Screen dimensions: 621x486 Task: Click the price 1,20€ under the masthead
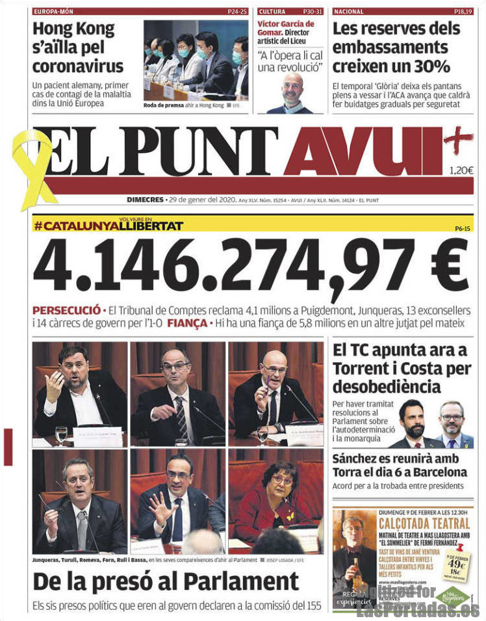(x=461, y=171)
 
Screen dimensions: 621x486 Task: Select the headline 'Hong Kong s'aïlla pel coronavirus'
(x=78, y=47)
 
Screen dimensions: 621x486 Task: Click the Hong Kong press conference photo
(x=196, y=59)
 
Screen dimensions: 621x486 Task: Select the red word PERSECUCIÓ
(x=66, y=310)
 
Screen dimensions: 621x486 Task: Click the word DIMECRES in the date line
(x=145, y=200)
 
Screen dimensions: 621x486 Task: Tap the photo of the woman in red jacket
(x=276, y=501)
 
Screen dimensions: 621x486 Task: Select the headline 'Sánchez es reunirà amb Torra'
(x=400, y=465)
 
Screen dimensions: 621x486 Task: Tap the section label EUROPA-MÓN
(x=54, y=12)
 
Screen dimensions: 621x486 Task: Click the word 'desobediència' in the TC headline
(x=387, y=388)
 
